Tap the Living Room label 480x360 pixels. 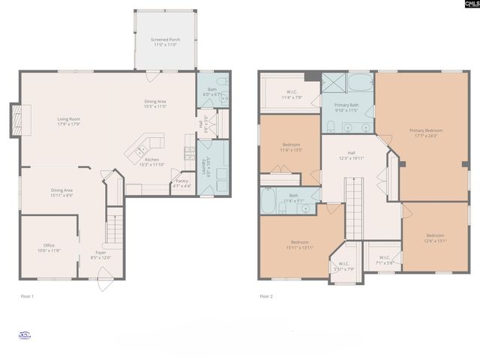tap(70, 118)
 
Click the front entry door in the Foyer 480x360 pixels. tap(105, 284)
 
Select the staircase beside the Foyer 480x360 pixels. tap(112, 226)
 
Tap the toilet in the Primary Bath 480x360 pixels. tap(331, 125)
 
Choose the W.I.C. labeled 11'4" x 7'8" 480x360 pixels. tap(289, 94)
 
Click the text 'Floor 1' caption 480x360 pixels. tap(27, 297)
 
